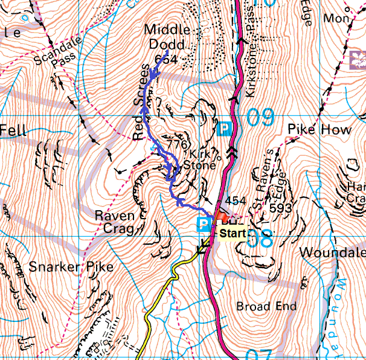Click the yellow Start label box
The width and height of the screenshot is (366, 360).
click(x=231, y=232)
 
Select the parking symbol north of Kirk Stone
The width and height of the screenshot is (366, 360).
click(x=225, y=129)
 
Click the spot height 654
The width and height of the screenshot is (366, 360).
click(x=165, y=59)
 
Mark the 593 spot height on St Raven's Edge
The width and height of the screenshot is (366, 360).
click(x=281, y=208)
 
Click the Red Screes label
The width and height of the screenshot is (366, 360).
click(x=141, y=102)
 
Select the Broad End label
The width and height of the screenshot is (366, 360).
click(x=266, y=306)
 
